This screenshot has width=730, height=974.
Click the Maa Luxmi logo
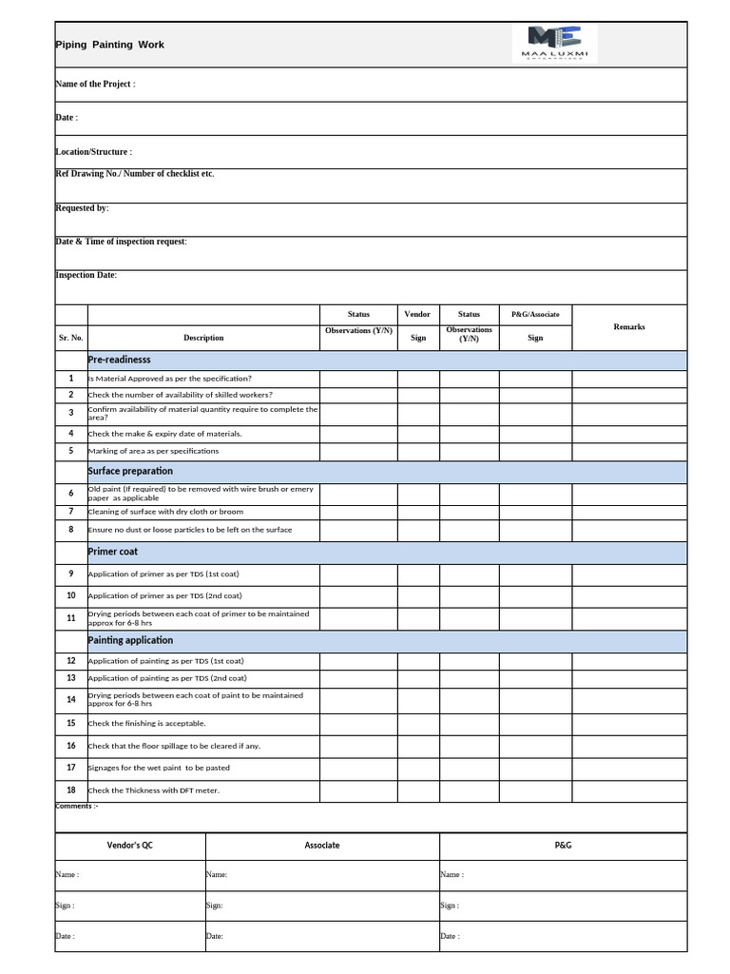[554, 44]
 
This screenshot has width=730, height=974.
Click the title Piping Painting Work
[109, 45]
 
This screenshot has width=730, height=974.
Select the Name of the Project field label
[95, 85]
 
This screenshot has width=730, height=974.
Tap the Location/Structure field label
[93, 152]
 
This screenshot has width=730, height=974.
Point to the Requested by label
[82, 207]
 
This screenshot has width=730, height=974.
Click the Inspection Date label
[86, 275]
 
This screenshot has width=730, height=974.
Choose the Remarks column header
[628, 326]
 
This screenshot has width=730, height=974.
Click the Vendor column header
[417, 314]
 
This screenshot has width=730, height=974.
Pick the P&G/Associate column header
[535, 314]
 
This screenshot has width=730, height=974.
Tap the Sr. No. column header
[71, 338]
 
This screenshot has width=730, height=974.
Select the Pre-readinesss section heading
[120, 360]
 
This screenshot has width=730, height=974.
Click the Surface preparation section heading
[130, 471]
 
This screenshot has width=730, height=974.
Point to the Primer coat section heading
[113, 552]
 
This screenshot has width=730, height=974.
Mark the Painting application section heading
[130, 640]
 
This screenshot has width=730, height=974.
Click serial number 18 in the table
[71, 789]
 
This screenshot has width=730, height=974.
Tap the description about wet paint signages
[159, 768]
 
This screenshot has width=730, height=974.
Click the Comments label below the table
[77, 807]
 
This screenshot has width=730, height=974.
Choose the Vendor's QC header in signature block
[129, 845]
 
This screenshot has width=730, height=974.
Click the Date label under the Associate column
[215, 937]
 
